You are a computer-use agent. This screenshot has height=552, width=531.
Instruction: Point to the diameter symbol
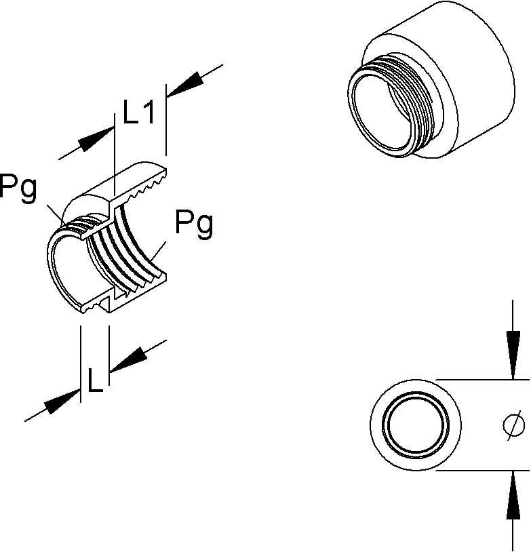click(x=513, y=425)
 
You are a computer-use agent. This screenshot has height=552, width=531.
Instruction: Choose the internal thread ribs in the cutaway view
click(x=129, y=251)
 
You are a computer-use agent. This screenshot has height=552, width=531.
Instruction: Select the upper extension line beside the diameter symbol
click(x=481, y=379)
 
